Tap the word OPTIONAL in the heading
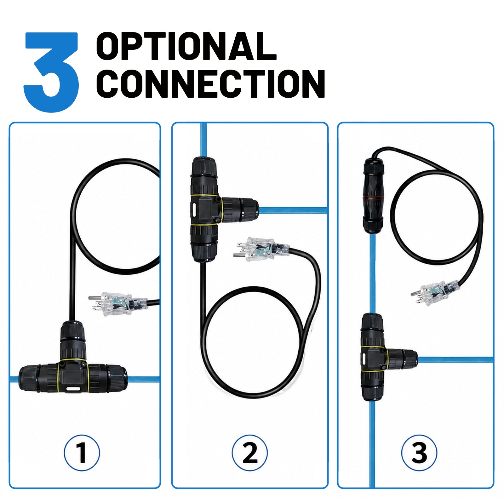pyautogui.click(x=186, y=46)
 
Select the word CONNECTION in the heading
pyautogui.click(x=210, y=83)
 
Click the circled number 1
pyautogui.click(x=82, y=453)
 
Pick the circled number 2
pyautogui.click(x=250, y=453)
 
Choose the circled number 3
pyautogui.click(x=419, y=453)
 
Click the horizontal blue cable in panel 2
pyautogui.click(x=293, y=210)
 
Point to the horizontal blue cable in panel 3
pyautogui.click(x=455, y=359)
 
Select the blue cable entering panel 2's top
pyautogui.click(x=204, y=140)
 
